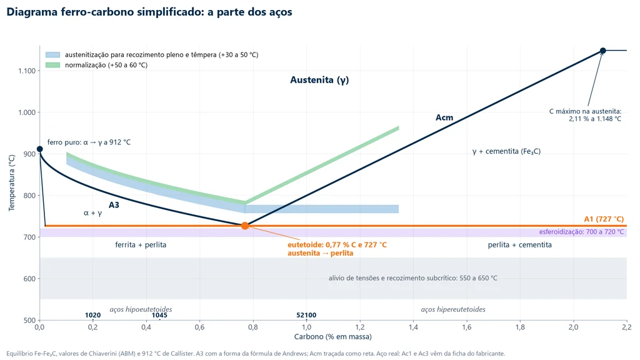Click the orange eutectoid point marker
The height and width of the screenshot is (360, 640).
(245, 226)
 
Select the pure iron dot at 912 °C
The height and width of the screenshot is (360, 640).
(39, 149)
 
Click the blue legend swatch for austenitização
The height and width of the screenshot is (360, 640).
(52, 55)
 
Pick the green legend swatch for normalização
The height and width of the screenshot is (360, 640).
(52, 65)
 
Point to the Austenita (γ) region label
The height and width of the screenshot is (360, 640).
(319, 80)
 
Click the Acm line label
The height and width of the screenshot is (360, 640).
(444, 117)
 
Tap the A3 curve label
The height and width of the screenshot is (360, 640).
(114, 205)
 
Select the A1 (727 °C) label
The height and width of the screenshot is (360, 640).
(604, 219)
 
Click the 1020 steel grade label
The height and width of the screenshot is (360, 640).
(92, 315)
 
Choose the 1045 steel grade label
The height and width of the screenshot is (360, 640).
(159, 315)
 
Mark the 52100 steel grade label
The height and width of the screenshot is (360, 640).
(306, 315)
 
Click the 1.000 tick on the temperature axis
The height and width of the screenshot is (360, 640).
(27, 112)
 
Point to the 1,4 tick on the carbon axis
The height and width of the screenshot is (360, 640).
(414, 327)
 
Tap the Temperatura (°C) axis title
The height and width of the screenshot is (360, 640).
(12, 182)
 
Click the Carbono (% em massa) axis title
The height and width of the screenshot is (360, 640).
(333, 337)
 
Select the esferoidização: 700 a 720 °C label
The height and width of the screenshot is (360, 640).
(581, 232)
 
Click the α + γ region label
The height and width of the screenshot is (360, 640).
(92, 213)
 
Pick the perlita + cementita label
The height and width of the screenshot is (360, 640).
(519, 245)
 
